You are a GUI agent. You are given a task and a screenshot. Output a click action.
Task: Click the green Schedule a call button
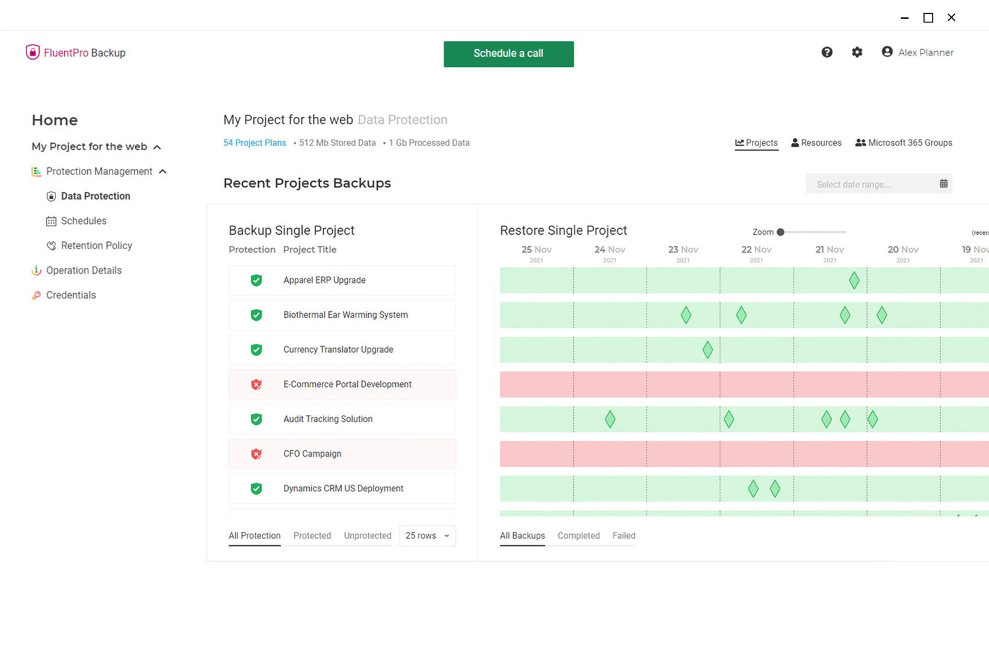(508, 54)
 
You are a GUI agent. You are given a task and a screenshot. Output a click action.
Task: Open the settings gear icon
(857, 52)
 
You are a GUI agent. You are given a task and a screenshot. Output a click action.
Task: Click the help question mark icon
(827, 52)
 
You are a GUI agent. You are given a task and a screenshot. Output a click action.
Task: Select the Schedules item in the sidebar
(83, 221)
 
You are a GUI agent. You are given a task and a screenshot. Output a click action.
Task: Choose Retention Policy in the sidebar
(96, 246)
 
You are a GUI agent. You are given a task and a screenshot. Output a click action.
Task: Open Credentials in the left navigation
(70, 295)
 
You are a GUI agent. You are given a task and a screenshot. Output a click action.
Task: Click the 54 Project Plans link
(254, 143)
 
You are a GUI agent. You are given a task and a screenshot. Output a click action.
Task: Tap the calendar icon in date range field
(943, 184)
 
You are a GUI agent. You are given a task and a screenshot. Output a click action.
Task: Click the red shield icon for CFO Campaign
(256, 454)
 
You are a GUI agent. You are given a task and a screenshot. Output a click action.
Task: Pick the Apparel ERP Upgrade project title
(324, 280)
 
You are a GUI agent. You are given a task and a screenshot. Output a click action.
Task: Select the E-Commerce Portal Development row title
(347, 384)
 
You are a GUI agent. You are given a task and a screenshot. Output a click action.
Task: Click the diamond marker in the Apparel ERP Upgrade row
(854, 280)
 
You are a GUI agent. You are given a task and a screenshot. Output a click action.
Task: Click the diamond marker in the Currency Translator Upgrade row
(707, 350)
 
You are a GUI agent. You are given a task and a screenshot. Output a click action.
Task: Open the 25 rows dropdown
(427, 536)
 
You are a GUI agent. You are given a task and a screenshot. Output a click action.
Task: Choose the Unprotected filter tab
(367, 536)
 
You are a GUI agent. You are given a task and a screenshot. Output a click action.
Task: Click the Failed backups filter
(623, 536)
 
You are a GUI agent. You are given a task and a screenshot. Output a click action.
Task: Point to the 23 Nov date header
(683, 250)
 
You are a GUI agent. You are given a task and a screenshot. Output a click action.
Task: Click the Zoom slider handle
(780, 232)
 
